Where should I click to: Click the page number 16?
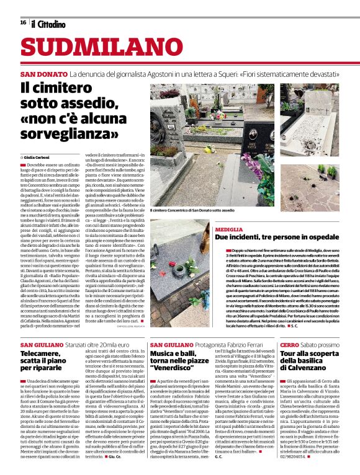[x=24, y=22]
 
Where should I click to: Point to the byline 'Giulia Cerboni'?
[x=41, y=158]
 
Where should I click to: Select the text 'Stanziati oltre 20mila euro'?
[x=94, y=344]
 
